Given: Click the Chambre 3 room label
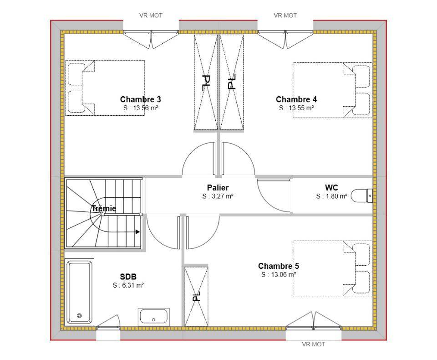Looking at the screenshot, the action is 141,99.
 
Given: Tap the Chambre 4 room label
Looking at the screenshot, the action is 296,99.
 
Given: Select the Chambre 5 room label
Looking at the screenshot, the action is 279,266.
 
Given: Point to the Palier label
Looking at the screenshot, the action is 218,188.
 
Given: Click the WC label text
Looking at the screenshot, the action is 331,188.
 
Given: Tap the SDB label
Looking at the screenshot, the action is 128,277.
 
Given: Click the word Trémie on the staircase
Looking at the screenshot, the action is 104,208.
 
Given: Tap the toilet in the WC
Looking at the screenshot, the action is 361,195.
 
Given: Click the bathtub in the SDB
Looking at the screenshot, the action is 79,292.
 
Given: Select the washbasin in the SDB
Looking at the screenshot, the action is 153,317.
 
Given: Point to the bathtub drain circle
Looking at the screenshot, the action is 79,316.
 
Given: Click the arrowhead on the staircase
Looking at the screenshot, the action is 137,231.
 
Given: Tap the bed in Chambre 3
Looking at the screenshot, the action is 105,88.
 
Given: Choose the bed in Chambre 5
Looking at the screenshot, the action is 332,268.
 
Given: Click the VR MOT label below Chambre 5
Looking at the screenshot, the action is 314,345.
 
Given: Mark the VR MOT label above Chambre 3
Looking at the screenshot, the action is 151,15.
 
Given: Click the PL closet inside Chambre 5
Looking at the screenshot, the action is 196,296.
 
